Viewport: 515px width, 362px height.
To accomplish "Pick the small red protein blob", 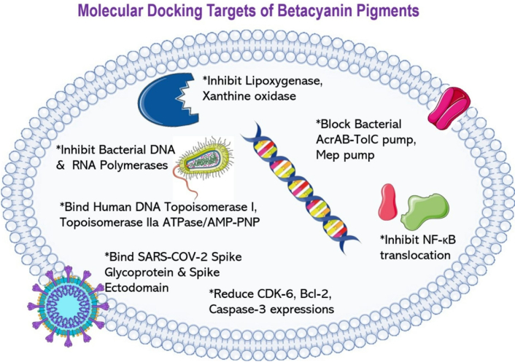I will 388,203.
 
